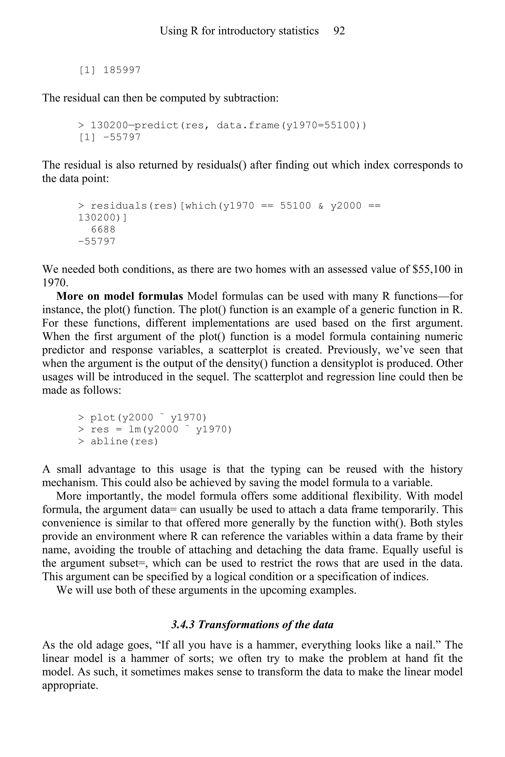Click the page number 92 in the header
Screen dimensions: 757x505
pos(339,31)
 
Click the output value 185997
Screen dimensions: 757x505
pos(122,70)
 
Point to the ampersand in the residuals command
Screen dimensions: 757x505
pos(321,206)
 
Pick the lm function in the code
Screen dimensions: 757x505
pos(135,429)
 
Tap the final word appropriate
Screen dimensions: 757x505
pos(70,686)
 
